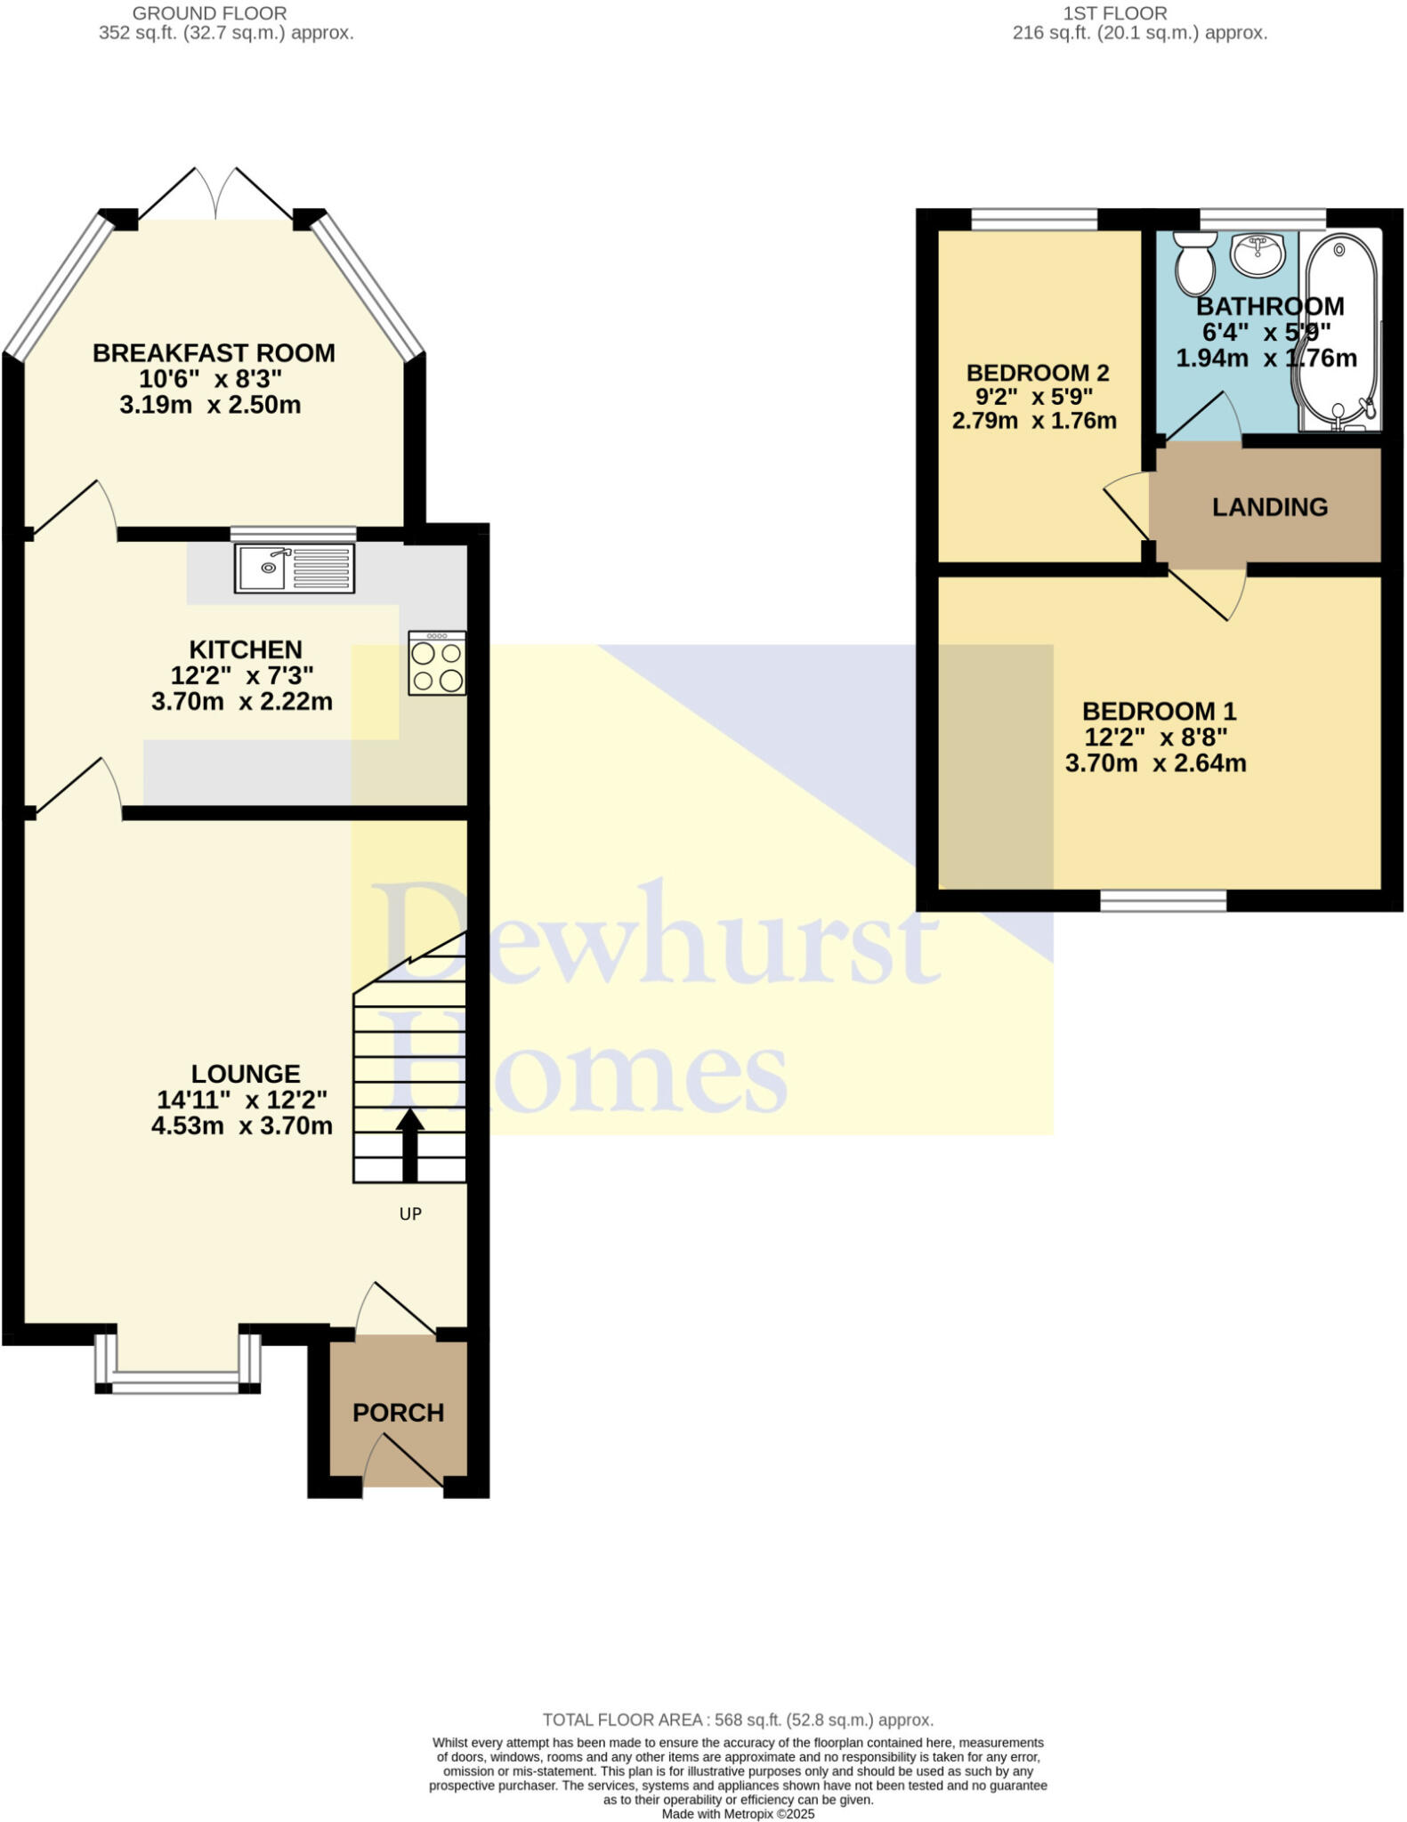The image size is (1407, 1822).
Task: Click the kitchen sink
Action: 295,568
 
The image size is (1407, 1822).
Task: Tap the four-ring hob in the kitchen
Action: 437,663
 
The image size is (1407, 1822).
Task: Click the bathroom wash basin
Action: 1257,254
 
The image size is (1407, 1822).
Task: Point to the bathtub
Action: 1338,330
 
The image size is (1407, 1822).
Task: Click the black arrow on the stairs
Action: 409,1144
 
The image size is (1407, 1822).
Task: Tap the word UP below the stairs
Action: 409,1213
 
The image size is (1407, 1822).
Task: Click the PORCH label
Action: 398,1413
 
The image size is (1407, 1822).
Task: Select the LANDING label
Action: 1269,507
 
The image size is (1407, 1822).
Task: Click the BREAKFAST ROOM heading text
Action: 214,353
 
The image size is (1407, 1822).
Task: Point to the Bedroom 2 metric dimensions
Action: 1033,421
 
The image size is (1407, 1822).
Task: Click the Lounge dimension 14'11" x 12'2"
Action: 241,1100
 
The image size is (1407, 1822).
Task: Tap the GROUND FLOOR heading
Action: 209,13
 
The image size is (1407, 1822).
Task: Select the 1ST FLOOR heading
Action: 1114,13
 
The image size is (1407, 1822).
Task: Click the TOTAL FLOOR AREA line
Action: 738,1720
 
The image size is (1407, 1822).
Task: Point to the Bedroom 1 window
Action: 1162,901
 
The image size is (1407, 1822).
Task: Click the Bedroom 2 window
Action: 1033,219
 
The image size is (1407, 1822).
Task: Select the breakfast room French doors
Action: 216,196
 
